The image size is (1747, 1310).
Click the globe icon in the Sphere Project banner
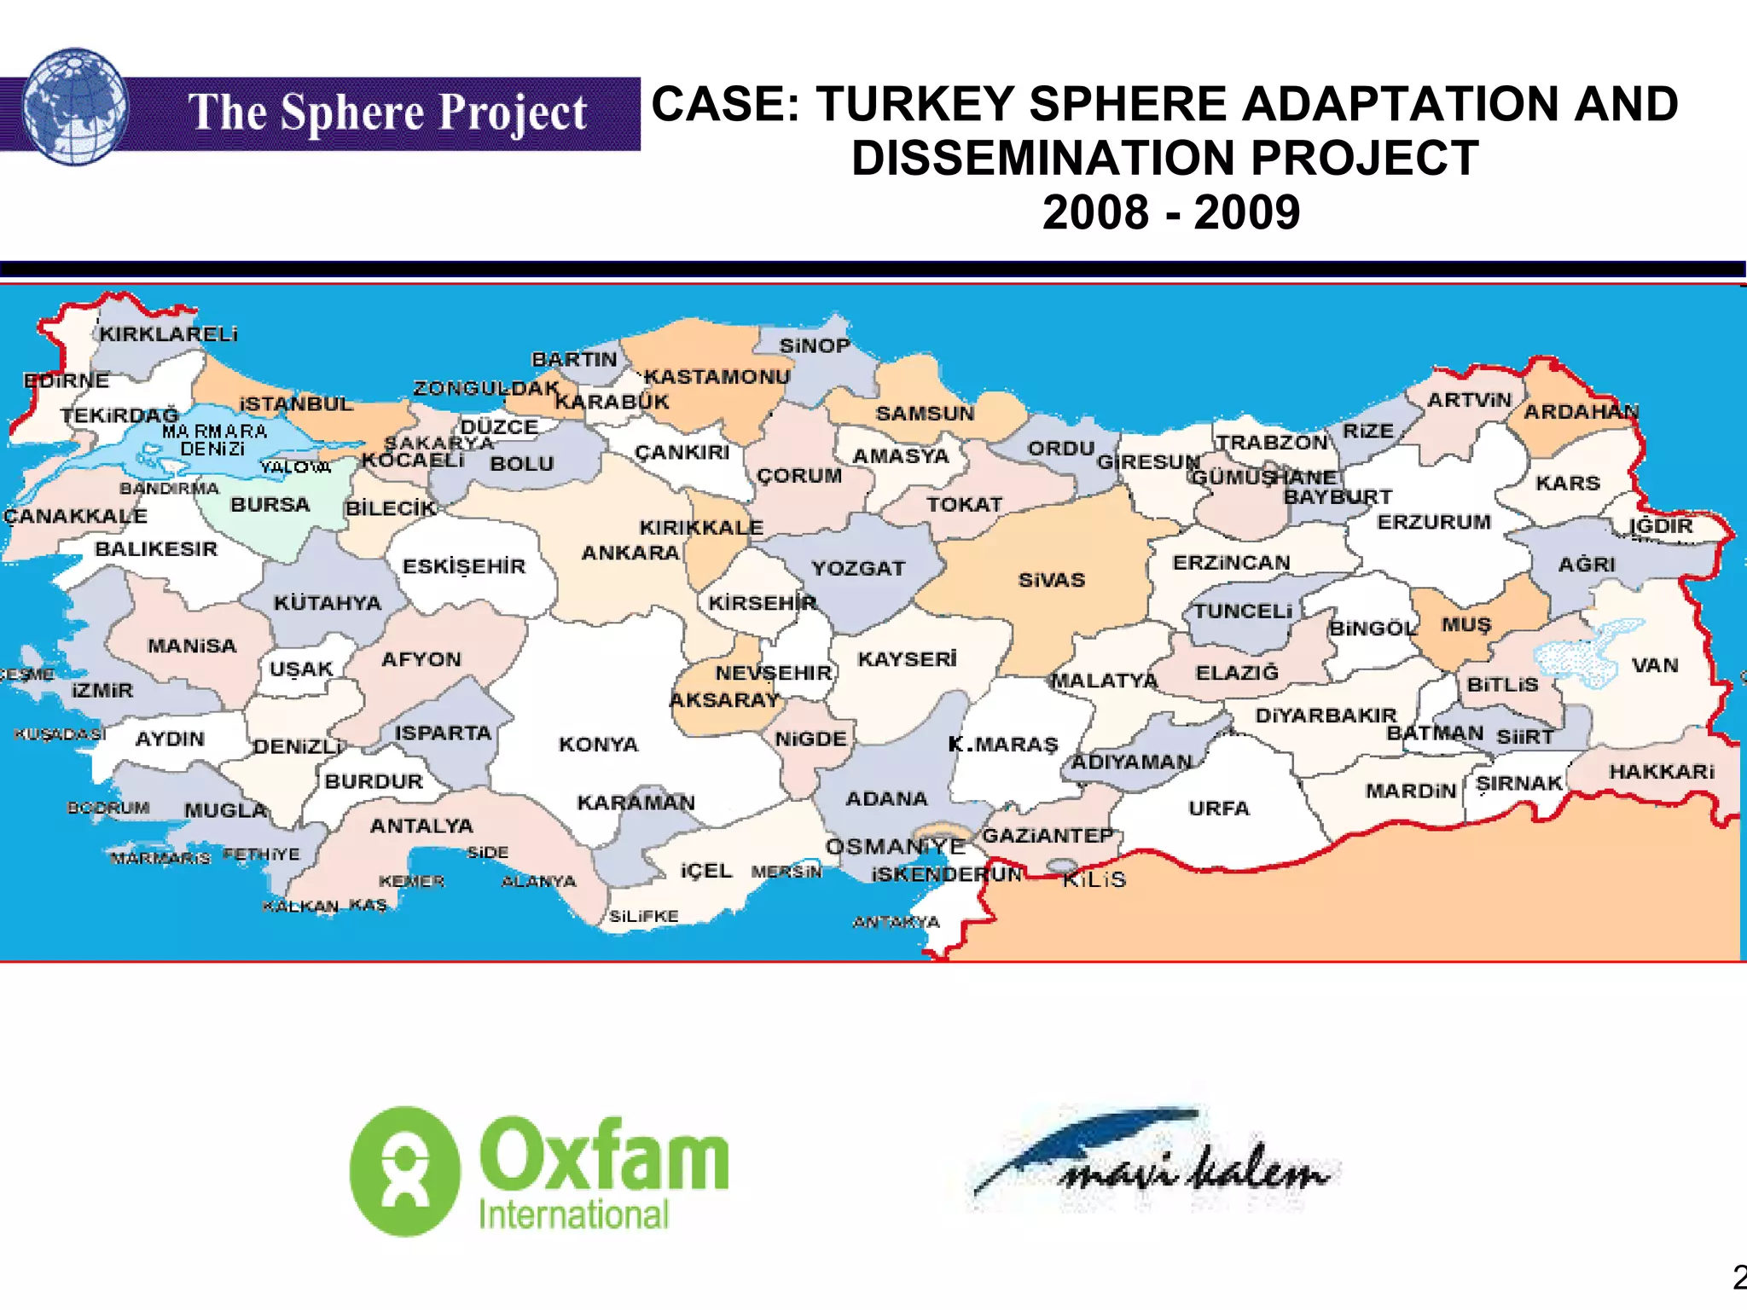tap(75, 107)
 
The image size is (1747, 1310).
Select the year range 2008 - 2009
tap(1170, 212)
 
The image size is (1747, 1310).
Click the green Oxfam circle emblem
tap(405, 1171)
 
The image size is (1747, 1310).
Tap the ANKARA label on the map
tap(630, 554)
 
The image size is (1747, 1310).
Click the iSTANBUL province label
tap(295, 404)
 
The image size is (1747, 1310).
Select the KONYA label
tap(598, 745)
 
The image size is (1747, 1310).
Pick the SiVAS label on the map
tap(1051, 581)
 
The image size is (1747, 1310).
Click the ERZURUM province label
tap(1434, 522)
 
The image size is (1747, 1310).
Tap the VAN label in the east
tap(1654, 665)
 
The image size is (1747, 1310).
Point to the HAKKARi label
tap(1661, 772)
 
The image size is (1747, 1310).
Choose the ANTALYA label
tap(421, 826)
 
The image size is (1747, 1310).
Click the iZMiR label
tap(102, 690)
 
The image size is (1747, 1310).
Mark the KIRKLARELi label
tap(168, 334)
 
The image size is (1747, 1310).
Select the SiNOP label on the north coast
tap(815, 345)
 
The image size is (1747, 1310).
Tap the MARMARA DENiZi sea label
tap(214, 440)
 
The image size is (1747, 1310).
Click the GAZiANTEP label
tap(1048, 836)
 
